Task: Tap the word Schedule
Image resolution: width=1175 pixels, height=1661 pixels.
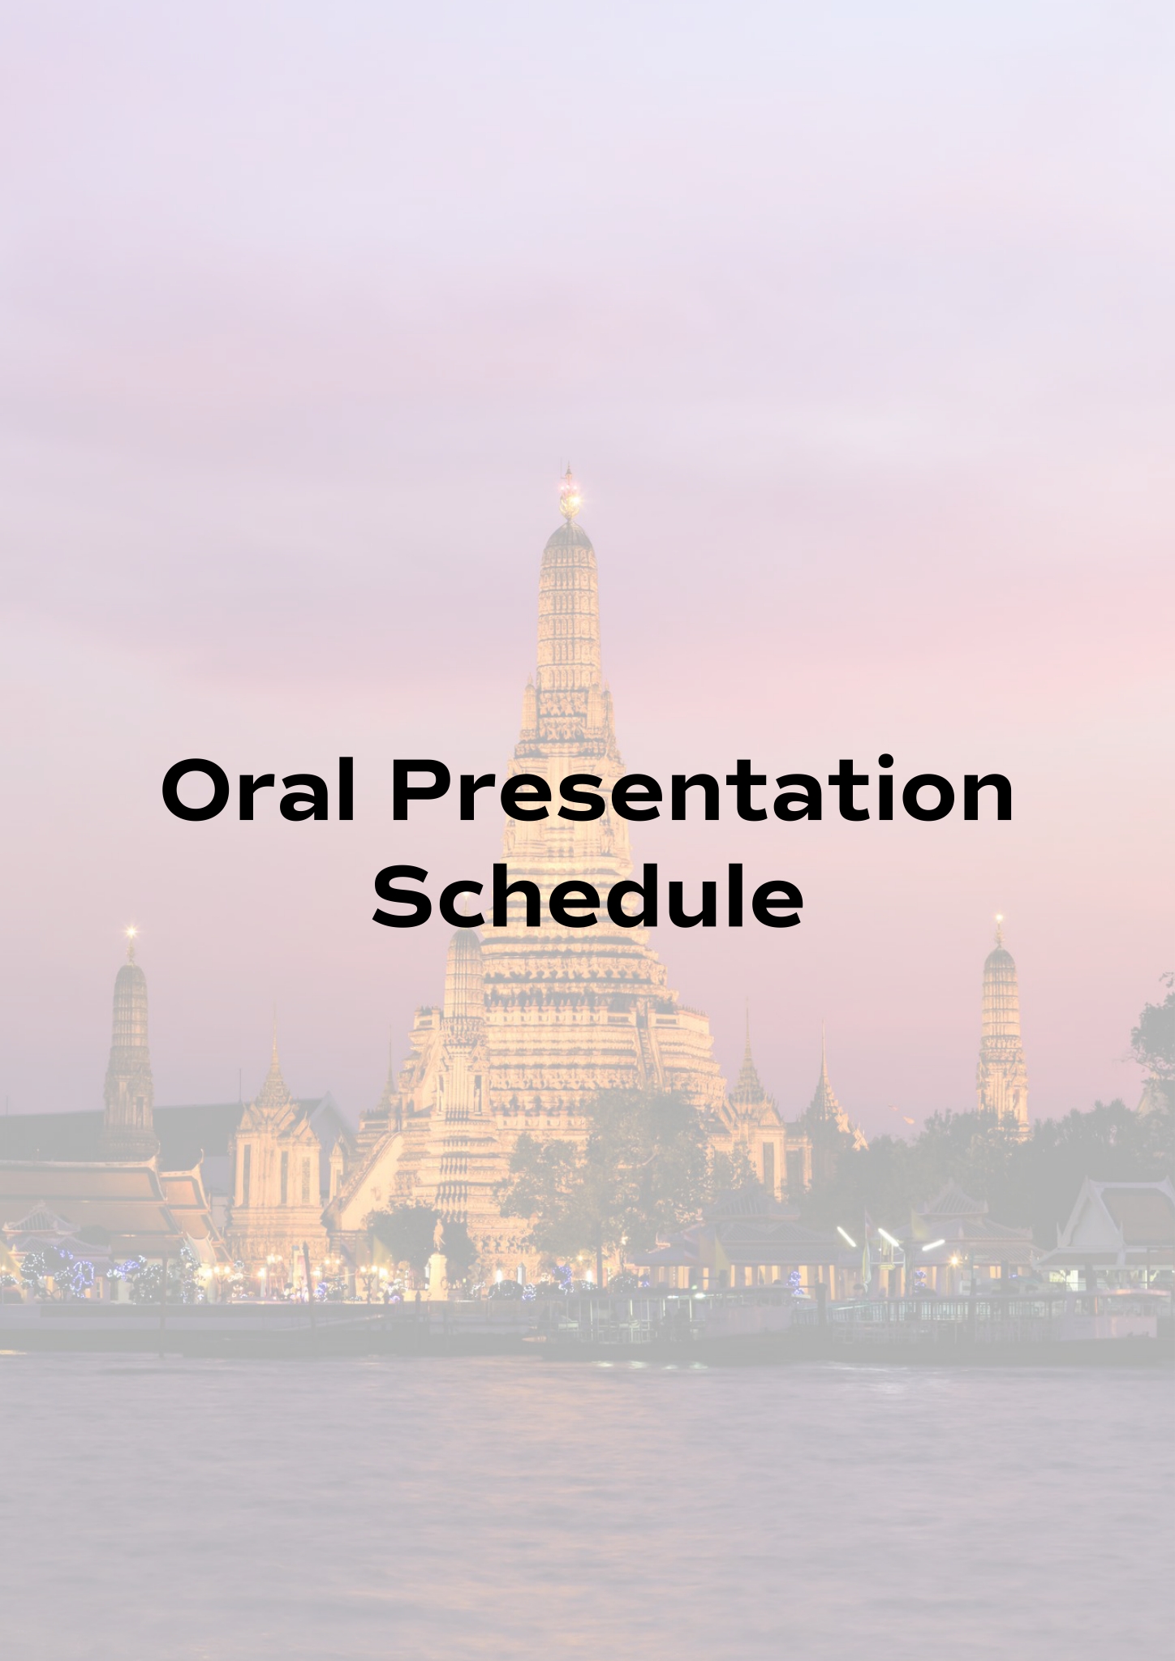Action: pyautogui.click(x=588, y=897)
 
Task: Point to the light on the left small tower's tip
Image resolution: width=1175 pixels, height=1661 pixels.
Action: pyautogui.click(x=130, y=934)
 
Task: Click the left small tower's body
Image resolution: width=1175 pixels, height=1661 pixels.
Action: pyautogui.click(x=130, y=1054)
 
